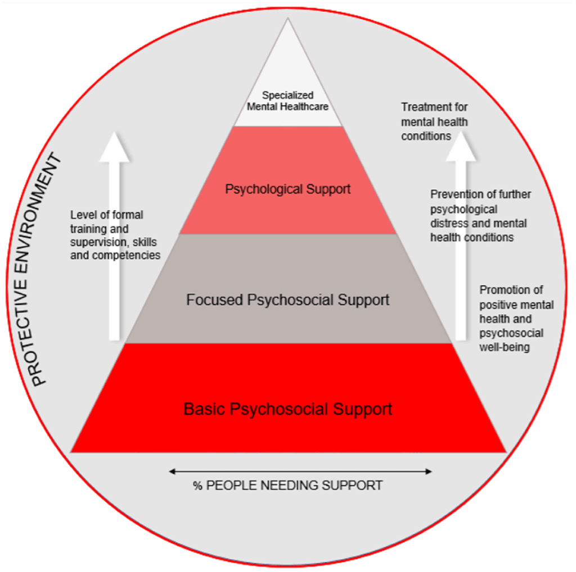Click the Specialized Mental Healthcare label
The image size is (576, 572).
[x=287, y=101]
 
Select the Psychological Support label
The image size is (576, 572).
[x=287, y=189]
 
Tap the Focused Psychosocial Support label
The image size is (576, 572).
[x=287, y=300]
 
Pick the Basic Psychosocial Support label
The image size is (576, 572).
[x=287, y=409]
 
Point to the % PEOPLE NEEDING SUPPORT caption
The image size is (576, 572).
[x=287, y=485]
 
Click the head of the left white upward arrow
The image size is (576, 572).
[x=114, y=148]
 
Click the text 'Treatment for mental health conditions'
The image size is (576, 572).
[x=434, y=121]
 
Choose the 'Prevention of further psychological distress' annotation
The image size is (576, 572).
[x=480, y=216]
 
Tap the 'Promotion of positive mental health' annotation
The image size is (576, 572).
[x=516, y=319]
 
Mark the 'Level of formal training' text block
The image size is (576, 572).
[x=115, y=235]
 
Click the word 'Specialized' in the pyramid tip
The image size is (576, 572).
[x=287, y=96]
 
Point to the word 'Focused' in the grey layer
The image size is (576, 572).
[x=214, y=300]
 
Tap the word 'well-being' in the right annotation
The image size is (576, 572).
[x=504, y=347]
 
